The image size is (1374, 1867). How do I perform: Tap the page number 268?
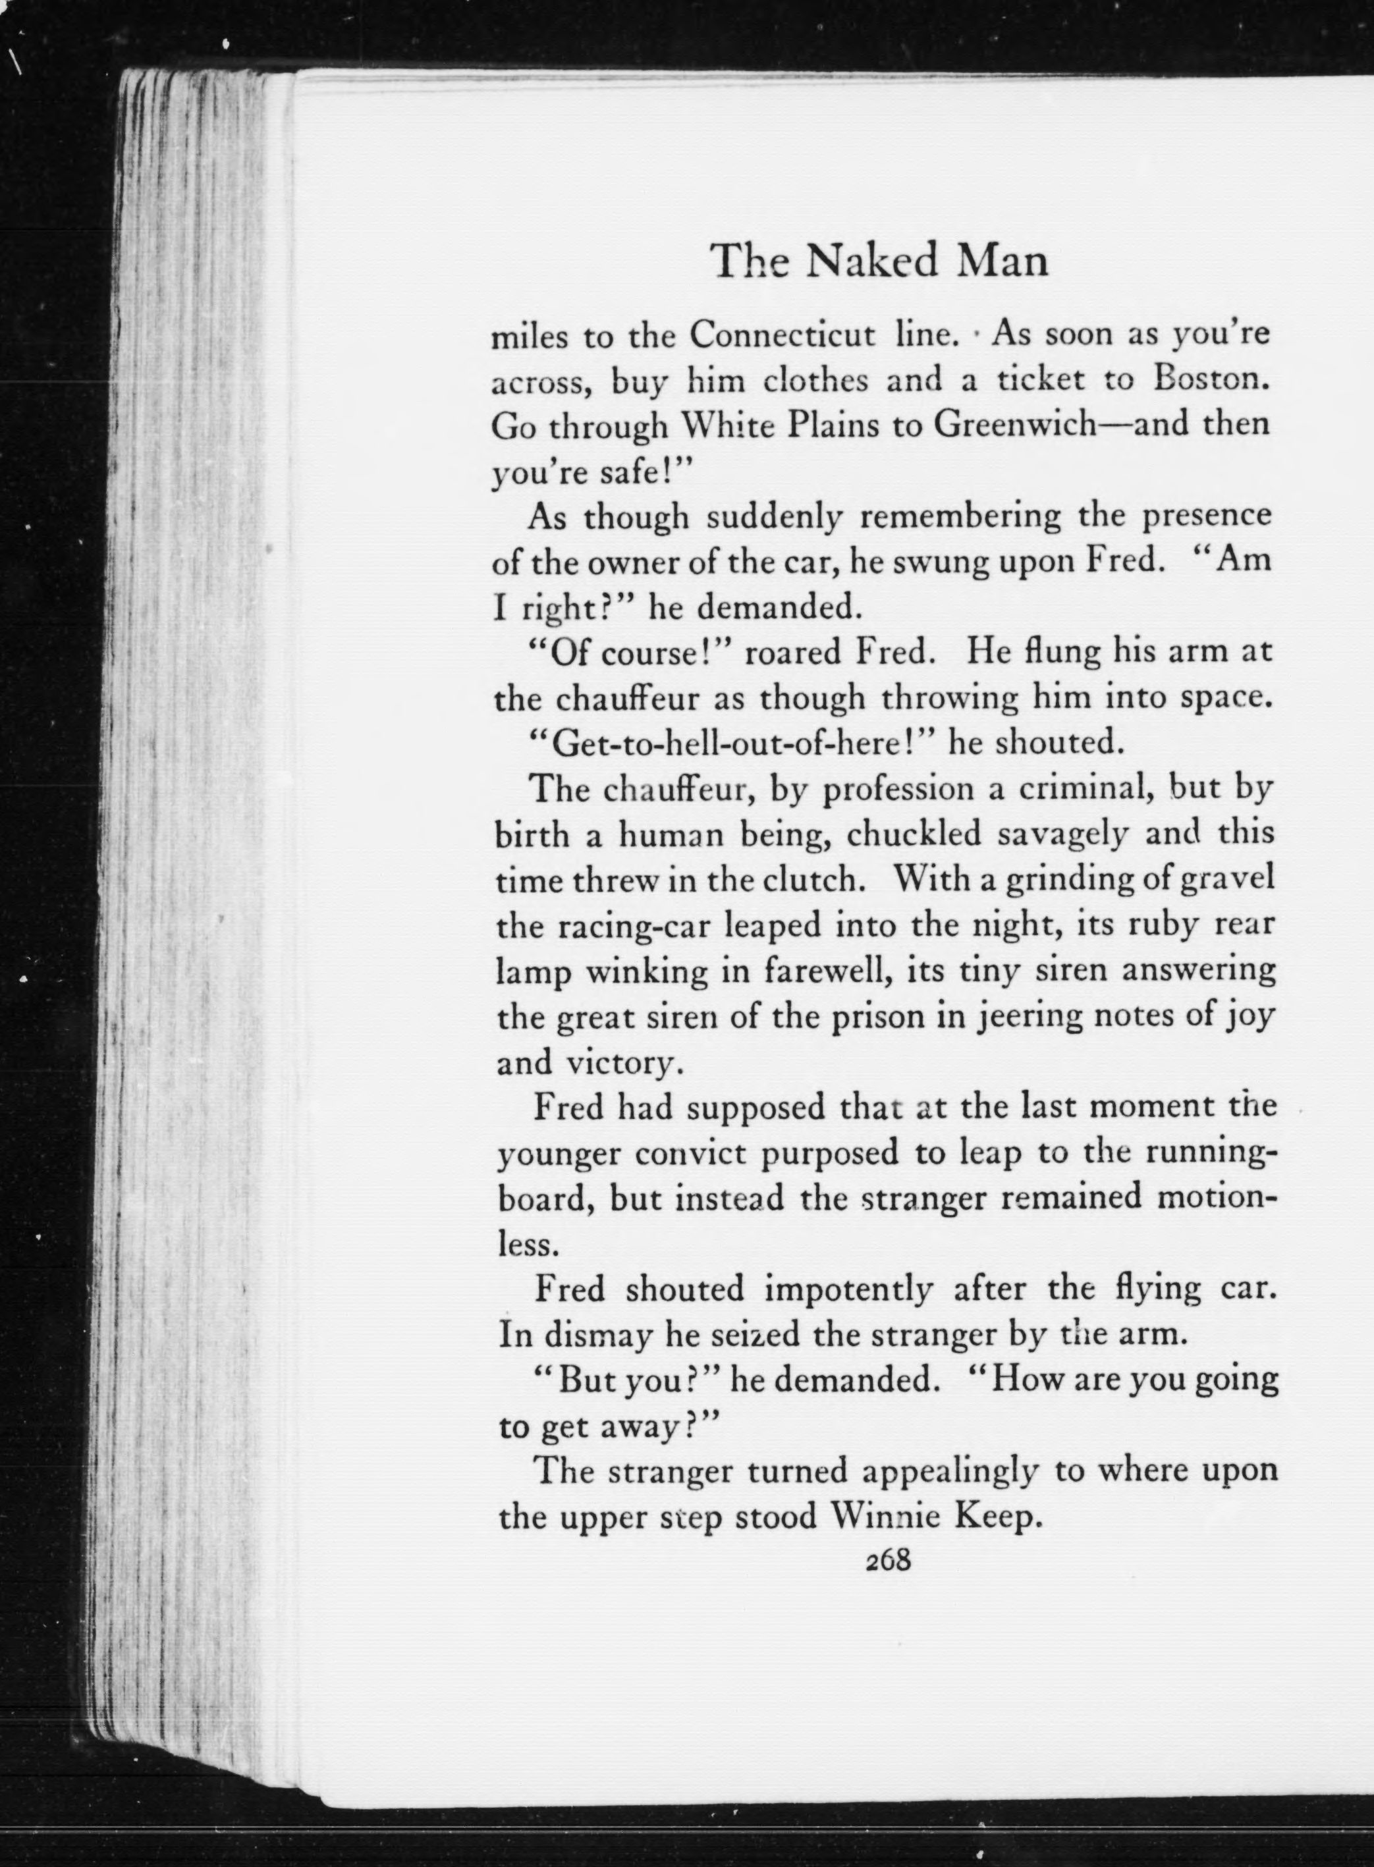[889, 1559]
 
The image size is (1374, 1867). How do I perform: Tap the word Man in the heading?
[1004, 261]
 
